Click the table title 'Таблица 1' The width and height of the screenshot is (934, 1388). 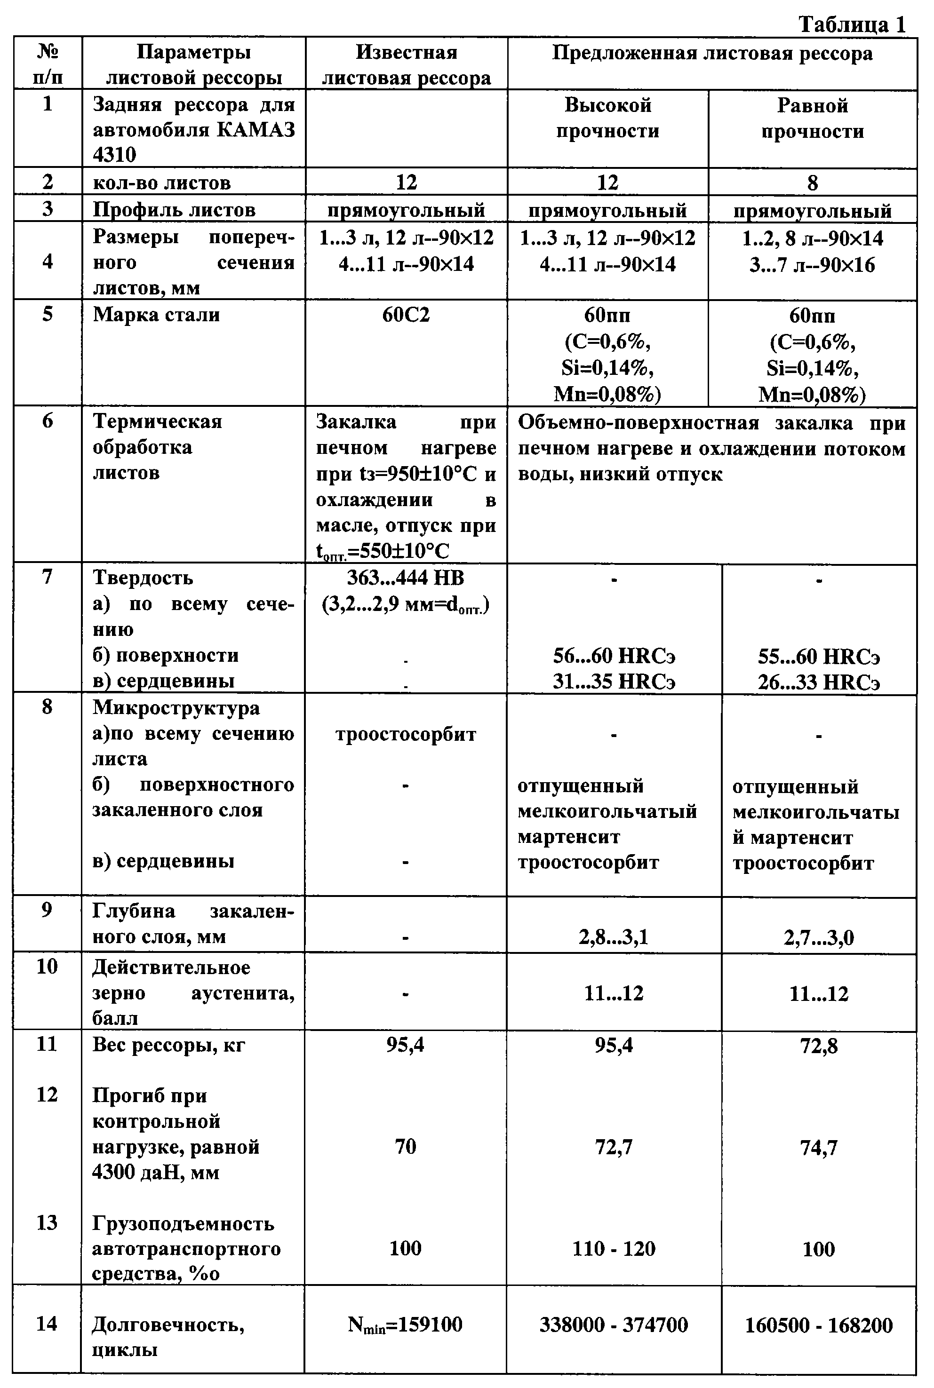coord(851,24)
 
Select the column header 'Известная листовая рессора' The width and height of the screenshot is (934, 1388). coord(406,65)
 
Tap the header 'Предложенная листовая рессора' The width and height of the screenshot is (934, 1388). coord(712,54)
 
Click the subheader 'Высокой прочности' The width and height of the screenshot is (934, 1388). coord(607,118)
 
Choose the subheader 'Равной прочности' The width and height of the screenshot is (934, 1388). coord(813,119)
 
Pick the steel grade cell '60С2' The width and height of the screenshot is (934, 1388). coord(406,314)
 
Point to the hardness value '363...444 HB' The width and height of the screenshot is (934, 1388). coord(406,578)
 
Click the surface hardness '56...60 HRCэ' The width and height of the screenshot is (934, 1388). coord(614,656)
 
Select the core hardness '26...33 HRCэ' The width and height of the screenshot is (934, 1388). coord(818,682)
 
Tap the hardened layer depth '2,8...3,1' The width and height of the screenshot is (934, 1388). coord(614,938)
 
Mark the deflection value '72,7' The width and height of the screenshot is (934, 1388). coord(614,1147)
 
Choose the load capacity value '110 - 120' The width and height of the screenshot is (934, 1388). coord(614,1249)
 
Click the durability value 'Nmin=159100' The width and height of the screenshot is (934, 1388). coord(405,1325)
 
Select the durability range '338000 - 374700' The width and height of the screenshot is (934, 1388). coord(614,1325)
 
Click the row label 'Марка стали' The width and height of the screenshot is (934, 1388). coord(156,314)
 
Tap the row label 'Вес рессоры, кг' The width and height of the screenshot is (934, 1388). coord(168,1046)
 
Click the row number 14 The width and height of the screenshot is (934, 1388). coord(47,1323)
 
